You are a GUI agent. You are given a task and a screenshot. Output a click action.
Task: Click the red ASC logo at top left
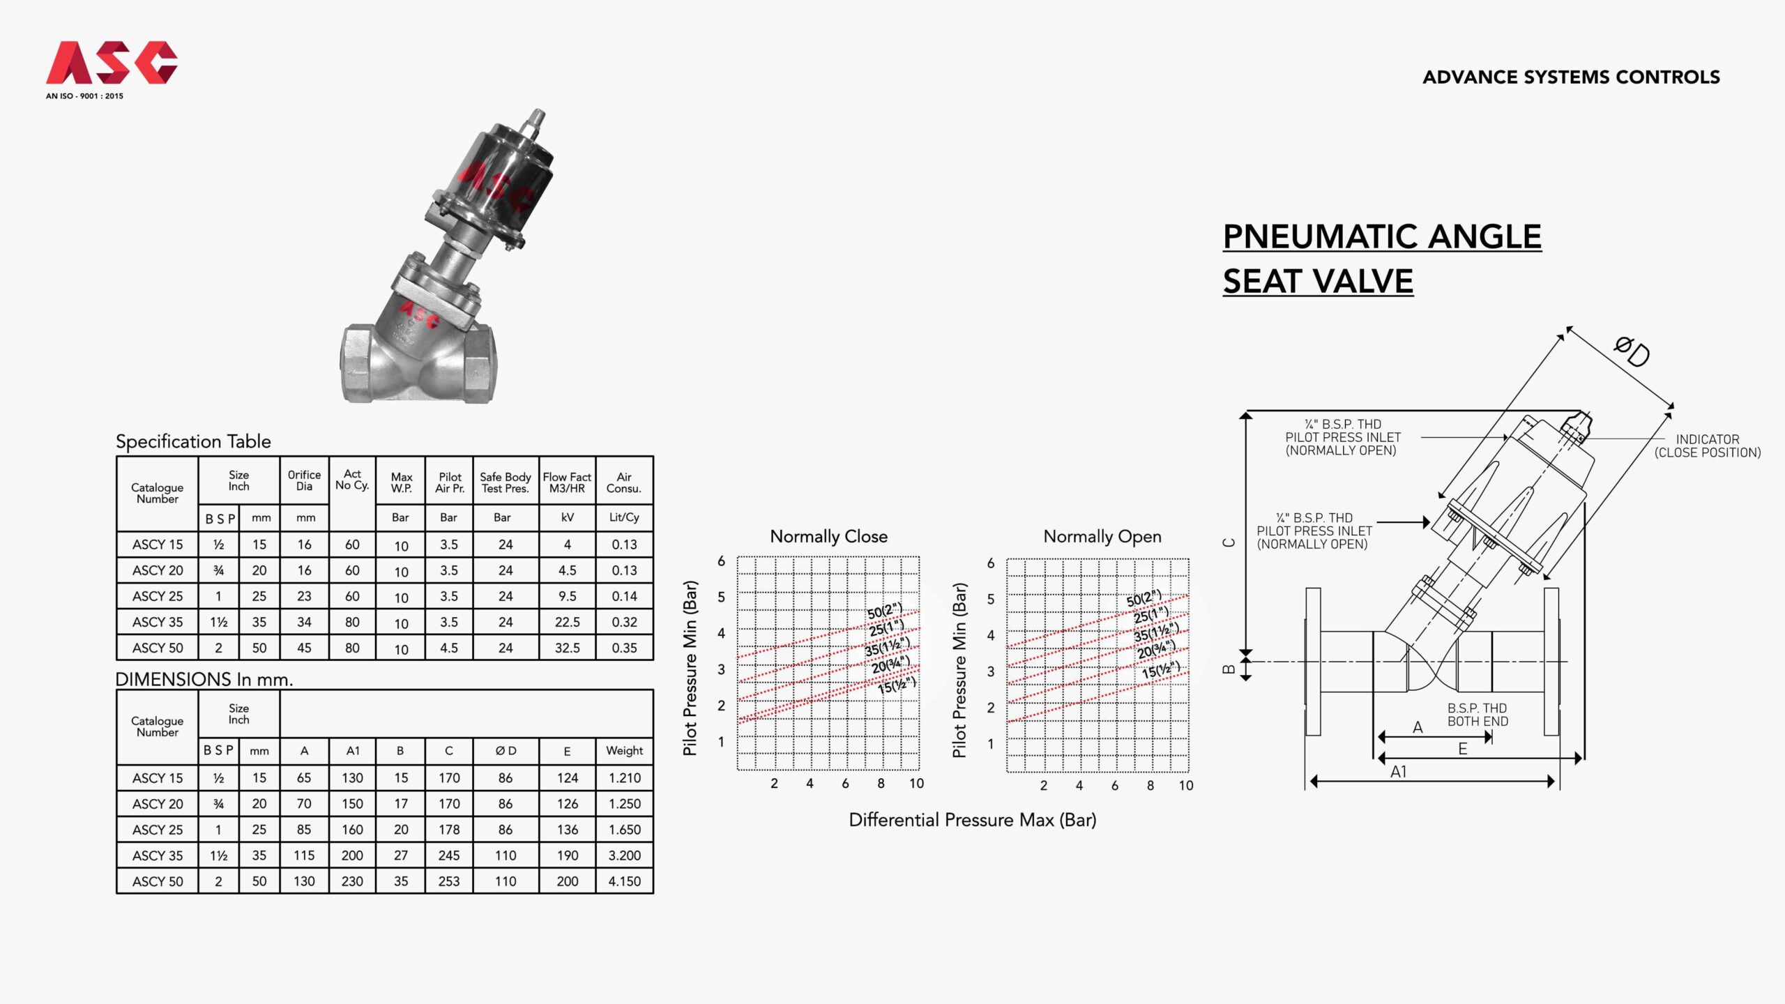point(112,63)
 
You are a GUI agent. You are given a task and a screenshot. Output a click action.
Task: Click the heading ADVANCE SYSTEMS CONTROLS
point(1571,77)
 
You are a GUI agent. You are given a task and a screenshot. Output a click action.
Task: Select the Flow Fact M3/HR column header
point(567,482)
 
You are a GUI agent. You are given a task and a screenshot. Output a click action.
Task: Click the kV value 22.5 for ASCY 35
point(567,622)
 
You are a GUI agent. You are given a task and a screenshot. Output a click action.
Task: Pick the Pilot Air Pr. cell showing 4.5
point(449,648)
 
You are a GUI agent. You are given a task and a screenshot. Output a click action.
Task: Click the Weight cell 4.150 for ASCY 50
point(624,881)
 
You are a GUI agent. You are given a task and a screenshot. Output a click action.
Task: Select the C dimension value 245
point(449,855)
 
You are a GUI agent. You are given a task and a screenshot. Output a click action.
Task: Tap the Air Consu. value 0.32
point(624,622)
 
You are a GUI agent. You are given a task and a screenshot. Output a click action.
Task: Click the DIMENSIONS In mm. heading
point(204,679)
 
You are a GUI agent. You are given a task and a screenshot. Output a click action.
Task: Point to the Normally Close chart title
point(828,536)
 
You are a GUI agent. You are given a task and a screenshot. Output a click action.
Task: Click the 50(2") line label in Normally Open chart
point(1144,599)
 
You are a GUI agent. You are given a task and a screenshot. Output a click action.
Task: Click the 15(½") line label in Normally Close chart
point(896,685)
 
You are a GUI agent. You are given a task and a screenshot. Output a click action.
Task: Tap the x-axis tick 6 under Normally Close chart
point(845,783)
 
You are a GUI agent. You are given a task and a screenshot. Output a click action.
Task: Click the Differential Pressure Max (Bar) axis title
point(972,820)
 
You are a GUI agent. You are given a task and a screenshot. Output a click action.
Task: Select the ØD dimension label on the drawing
point(1632,351)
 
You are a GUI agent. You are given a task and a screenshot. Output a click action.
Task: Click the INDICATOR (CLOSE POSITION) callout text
point(1707,446)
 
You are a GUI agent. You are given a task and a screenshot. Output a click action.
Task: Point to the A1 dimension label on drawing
point(1398,772)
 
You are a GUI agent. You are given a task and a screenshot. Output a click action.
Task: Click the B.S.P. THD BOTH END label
point(1477,715)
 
